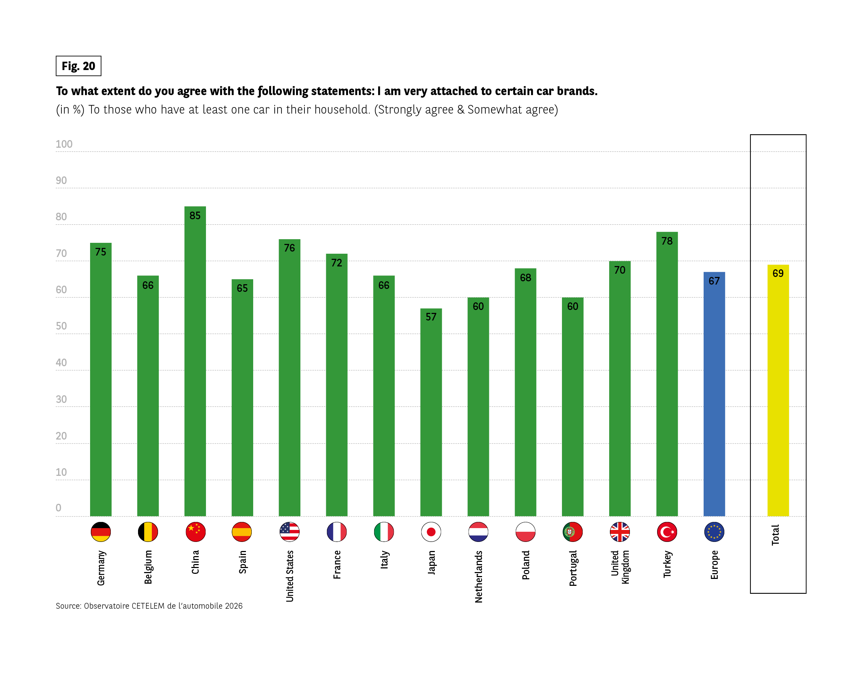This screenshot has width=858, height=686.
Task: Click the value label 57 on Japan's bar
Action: click(x=431, y=317)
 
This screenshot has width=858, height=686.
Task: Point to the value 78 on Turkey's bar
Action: click(x=667, y=241)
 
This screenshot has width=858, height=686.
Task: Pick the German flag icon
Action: click(x=101, y=532)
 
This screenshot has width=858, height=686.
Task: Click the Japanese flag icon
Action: click(x=431, y=532)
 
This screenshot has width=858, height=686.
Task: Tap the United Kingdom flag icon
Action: click(x=620, y=532)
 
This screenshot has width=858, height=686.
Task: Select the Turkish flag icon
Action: click(x=667, y=532)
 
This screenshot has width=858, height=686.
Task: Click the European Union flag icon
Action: click(x=714, y=532)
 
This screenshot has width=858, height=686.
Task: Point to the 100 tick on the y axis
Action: click(x=64, y=144)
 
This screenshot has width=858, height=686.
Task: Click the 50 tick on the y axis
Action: click(x=61, y=326)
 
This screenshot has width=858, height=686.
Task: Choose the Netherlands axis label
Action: click(x=478, y=576)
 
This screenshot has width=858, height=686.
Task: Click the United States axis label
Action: click(x=290, y=576)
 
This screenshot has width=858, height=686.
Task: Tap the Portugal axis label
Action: click(x=572, y=568)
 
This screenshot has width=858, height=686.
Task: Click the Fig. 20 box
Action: click(x=78, y=66)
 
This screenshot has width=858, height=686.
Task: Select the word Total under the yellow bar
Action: click(x=775, y=535)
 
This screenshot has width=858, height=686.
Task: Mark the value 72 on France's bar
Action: click(x=337, y=263)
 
